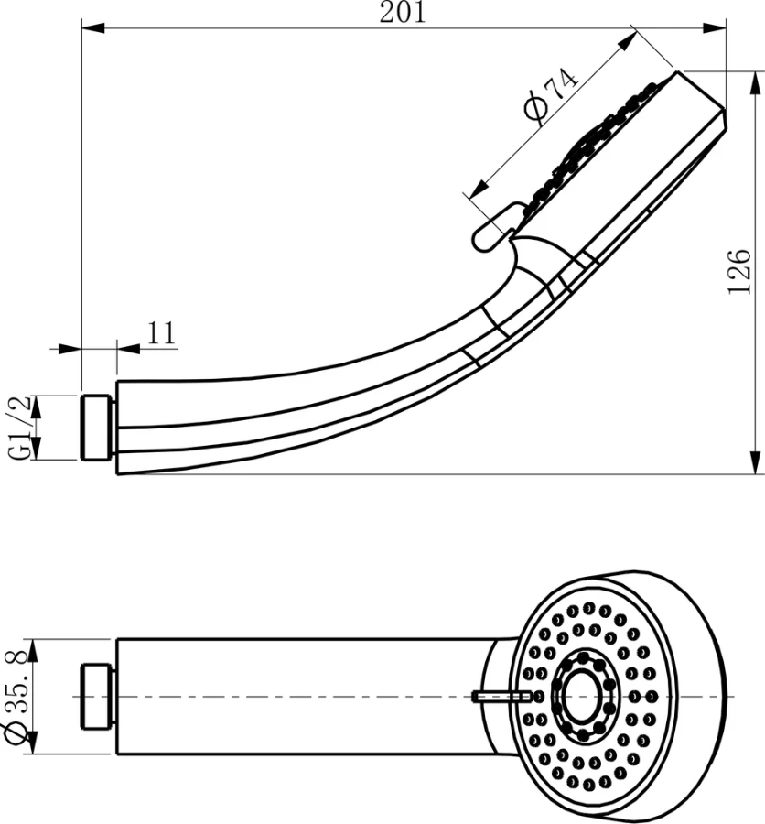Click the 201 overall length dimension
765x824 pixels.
(403, 13)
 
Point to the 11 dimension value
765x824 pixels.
(161, 331)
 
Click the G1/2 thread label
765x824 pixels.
(20, 426)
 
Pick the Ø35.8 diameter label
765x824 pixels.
(16, 697)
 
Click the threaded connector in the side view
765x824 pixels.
(97, 428)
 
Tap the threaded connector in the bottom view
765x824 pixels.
(97, 697)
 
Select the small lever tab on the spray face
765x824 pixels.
(501, 696)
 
